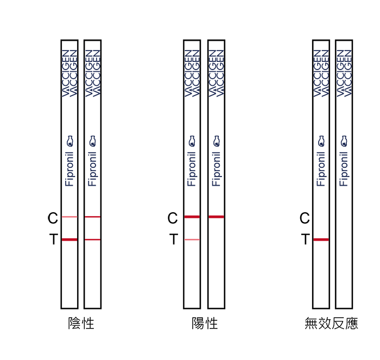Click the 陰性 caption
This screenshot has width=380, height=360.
tap(81, 323)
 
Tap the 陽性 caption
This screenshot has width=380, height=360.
tap(205, 323)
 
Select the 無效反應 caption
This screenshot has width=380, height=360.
tap(331, 323)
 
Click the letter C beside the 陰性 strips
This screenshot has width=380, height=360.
tap(53, 218)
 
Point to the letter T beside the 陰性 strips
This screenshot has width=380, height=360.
tap(54, 239)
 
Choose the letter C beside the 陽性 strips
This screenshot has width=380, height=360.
tap(173, 218)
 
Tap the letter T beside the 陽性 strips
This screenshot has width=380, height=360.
tap(174, 239)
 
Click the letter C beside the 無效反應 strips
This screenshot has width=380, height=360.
tap(305, 218)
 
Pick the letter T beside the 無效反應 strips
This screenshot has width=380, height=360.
tap(306, 239)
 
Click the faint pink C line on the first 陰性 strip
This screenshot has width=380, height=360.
tap(69, 217)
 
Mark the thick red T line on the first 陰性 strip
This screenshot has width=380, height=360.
tap(69, 239)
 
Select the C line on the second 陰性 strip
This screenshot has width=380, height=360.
tap(93, 217)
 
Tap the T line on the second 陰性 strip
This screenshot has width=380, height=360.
tap(93, 239)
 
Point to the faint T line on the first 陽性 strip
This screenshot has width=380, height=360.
tap(192, 239)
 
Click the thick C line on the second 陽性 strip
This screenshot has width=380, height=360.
tap(217, 217)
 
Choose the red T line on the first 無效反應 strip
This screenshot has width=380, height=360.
tap(321, 239)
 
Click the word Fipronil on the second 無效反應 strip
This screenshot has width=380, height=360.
tap(344, 169)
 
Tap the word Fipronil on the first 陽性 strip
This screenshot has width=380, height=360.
tap(192, 169)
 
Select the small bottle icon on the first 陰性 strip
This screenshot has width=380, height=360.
tap(70, 141)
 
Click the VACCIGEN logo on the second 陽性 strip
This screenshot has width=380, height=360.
tap(217, 73)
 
